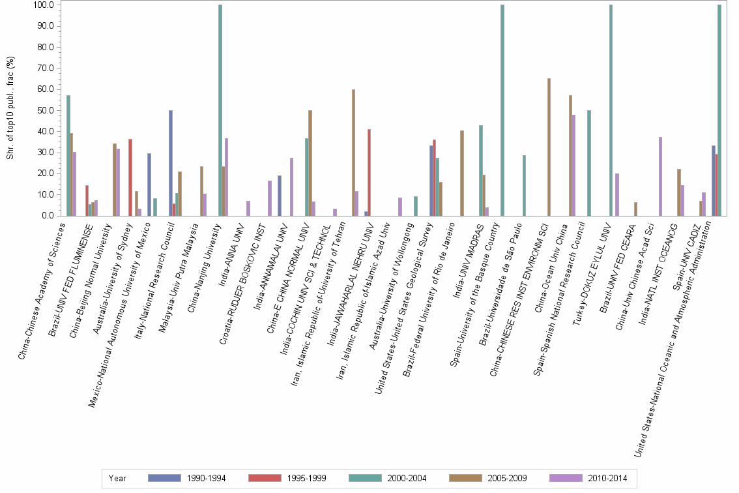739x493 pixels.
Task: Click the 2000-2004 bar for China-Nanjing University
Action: coord(220,111)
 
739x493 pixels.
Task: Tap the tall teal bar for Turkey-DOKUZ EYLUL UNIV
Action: coord(611,111)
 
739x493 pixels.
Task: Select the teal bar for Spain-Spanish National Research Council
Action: coord(588,163)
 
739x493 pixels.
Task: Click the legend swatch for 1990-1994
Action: coord(165,478)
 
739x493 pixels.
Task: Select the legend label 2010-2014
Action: coord(607,478)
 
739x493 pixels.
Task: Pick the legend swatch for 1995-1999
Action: coord(265,478)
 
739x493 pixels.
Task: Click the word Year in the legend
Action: coord(117,478)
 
